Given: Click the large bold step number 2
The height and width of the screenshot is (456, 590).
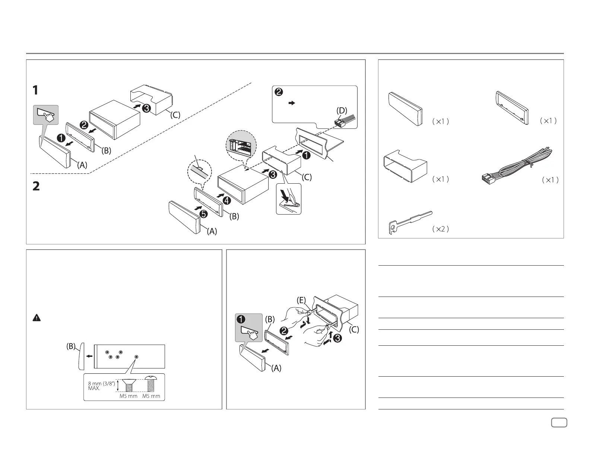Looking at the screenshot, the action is click(36, 186).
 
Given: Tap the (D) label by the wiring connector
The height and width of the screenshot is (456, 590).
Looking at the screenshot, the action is click(341, 111).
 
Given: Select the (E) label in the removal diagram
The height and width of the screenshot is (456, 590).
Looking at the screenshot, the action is click(301, 301).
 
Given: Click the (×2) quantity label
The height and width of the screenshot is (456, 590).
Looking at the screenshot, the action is click(440, 229).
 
